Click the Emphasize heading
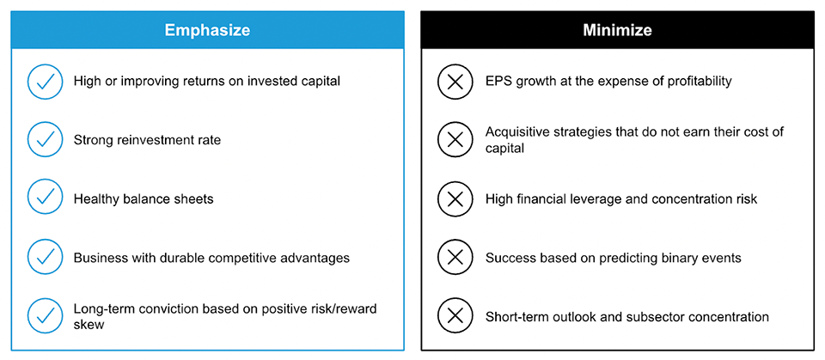[207, 30]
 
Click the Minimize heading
[617, 30]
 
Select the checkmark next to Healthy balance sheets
[45, 199]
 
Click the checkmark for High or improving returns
[45, 82]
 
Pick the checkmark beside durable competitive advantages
[45, 259]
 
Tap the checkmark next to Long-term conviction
[45, 317]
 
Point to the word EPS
[498, 82]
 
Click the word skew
[89, 325]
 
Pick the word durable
[162, 259]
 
